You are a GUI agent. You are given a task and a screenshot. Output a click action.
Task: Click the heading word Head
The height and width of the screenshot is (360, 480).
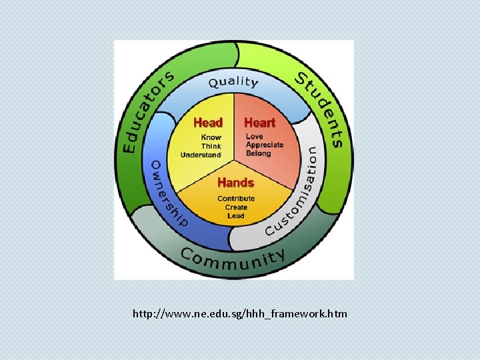207,123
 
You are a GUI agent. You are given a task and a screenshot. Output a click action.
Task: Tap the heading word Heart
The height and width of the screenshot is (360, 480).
259,123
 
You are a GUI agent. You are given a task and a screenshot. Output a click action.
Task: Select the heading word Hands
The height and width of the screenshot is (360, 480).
235,183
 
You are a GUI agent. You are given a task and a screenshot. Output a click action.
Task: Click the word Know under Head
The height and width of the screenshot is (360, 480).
211,137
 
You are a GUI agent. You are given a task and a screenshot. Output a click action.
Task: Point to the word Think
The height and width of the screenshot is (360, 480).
211,145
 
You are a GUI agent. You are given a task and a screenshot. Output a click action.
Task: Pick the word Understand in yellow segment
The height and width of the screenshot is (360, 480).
201,155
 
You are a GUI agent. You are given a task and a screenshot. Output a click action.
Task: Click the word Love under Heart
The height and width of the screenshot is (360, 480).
255,136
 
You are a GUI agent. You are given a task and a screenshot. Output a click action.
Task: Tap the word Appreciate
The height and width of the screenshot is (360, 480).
265,145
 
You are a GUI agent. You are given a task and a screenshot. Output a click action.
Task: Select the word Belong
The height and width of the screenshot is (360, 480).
259,153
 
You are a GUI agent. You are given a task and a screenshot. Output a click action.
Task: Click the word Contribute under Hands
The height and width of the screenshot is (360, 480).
236,199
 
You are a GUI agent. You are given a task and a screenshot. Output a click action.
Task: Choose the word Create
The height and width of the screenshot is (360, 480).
236,207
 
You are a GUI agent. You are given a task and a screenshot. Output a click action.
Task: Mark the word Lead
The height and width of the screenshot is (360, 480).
236,216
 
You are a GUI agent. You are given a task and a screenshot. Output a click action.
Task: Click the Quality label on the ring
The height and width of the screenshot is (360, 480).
233,83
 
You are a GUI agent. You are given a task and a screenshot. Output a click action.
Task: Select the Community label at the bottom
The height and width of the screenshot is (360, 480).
233,258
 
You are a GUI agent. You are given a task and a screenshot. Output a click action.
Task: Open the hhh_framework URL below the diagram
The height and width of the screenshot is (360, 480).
240,313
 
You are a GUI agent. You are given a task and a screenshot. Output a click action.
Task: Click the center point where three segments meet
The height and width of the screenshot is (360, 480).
234,160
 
